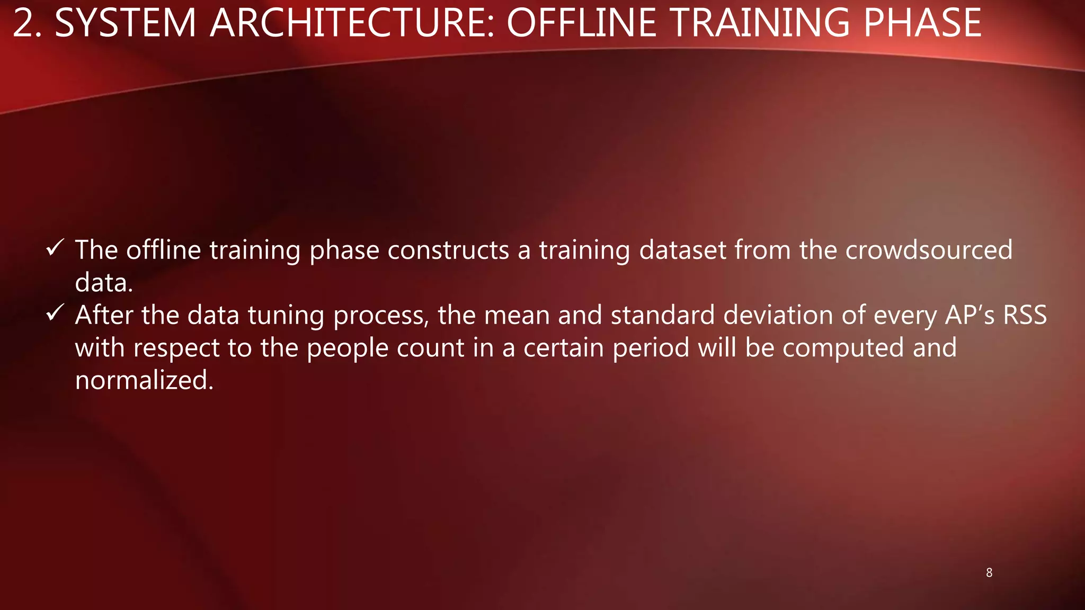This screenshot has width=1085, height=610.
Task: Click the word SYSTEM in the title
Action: click(126, 23)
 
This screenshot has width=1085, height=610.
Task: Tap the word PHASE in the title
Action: click(922, 23)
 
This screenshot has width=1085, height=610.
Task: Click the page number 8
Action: click(989, 572)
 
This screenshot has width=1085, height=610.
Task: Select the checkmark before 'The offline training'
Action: click(55, 247)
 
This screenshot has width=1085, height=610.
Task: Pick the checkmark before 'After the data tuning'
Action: click(55, 312)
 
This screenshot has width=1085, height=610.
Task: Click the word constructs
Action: click(448, 250)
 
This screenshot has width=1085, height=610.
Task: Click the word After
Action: click(104, 315)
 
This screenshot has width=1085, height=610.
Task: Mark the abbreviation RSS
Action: click(1025, 315)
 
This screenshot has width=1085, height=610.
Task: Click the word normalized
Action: click(144, 380)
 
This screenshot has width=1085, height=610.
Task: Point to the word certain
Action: click(563, 348)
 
